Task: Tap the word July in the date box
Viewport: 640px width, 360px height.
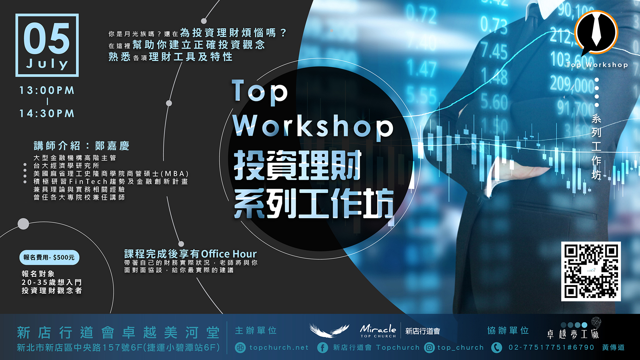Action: point(47,64)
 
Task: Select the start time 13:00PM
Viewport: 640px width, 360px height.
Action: point(47,90)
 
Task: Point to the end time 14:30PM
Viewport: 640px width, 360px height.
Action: point(47,114)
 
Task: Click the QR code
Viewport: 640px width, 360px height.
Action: point(591,271)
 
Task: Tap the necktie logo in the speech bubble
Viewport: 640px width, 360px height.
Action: point(596,31)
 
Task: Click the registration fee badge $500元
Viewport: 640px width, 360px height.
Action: point(49,257)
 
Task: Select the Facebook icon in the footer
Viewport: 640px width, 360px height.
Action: point(322,348)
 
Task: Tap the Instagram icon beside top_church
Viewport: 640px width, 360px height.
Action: point(429,348)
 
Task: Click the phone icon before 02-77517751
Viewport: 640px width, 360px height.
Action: point(497,348)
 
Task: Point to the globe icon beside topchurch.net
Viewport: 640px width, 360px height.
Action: point(240,348)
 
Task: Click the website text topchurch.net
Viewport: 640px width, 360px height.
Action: point(279,348)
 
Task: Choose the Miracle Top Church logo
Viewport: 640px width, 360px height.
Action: point(378,331)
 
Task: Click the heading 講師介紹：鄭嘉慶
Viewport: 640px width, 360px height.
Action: point(81,146)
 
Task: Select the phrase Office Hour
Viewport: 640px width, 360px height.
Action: point(229,254)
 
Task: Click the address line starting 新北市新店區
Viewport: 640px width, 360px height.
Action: point(118,348)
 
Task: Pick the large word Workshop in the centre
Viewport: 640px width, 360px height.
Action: point(313,126)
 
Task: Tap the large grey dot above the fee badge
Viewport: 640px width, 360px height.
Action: point(23,224)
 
